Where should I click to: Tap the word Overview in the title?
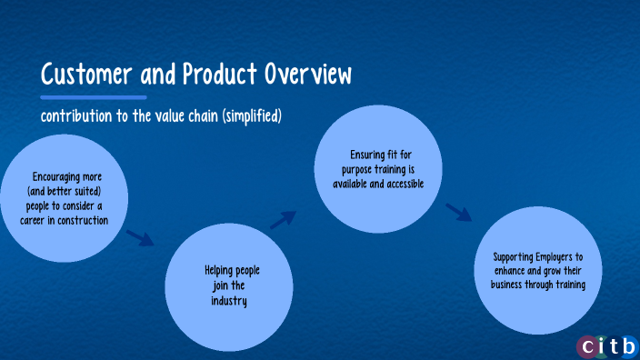tap(305, 74)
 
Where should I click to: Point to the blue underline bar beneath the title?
tap(93, 96)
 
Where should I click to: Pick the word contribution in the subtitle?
tap(75, 116)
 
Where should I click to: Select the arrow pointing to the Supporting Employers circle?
tap(459, 213)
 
